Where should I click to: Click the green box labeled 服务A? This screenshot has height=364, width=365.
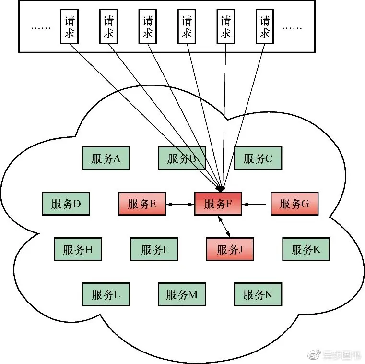106,158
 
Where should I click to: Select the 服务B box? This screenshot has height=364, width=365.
182,158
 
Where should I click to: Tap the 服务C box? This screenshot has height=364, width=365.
258,158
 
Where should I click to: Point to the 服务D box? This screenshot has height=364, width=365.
66,204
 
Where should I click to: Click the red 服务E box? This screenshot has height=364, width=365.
142,204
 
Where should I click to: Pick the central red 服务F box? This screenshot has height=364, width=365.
218,204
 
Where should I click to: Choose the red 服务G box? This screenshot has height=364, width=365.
294,204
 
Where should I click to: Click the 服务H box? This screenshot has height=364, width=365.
78,249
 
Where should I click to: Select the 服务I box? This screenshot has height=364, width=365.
154,249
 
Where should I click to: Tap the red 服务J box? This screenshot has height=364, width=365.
230,249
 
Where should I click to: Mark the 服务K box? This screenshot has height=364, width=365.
306,249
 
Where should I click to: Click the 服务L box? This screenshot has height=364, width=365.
106,294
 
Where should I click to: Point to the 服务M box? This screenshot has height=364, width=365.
182,294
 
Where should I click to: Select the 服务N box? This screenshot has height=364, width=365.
258,294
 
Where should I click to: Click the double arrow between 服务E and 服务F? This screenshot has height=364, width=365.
180,204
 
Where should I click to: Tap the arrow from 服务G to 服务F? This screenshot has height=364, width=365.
256,204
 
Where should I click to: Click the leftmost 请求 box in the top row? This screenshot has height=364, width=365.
69,27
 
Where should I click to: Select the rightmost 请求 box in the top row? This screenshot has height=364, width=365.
265,27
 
